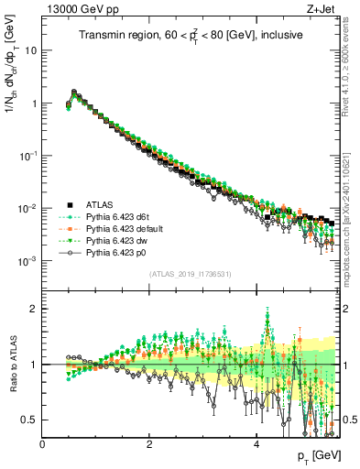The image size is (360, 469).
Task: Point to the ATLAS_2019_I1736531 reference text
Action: (190, 275)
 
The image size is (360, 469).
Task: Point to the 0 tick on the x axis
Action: (42, 443)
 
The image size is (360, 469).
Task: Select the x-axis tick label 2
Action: (149, 443)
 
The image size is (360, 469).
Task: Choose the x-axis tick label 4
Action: (256, 443)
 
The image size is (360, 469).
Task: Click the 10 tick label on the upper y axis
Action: (30, 50)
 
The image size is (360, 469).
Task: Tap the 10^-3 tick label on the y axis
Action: (27, 261)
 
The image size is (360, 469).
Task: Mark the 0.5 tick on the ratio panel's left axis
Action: (31, 420)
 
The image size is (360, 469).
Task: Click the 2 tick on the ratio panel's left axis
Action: (35, 309)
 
